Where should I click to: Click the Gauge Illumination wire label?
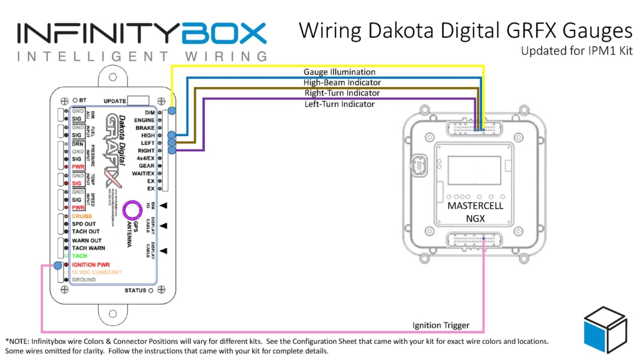pos(339,72)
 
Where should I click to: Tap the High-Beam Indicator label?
pos(342,83)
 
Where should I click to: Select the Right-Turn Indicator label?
pos(342,93)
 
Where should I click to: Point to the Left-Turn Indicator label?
pos(339,104)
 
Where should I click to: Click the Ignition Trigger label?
pos(440,325)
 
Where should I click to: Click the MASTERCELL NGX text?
pos(475,211)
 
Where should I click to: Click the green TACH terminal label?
pos(79,256)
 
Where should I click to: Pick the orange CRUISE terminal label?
pos(81,216)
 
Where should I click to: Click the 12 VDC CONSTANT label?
pos(97,272)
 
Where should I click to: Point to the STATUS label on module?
pos(135,290)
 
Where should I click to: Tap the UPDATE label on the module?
pos(114,101)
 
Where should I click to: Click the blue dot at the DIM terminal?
pos(171,111)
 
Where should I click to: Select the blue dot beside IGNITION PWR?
pos(57,266)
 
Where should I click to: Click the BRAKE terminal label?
pos(145,127)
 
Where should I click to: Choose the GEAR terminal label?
pos(146,166)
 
